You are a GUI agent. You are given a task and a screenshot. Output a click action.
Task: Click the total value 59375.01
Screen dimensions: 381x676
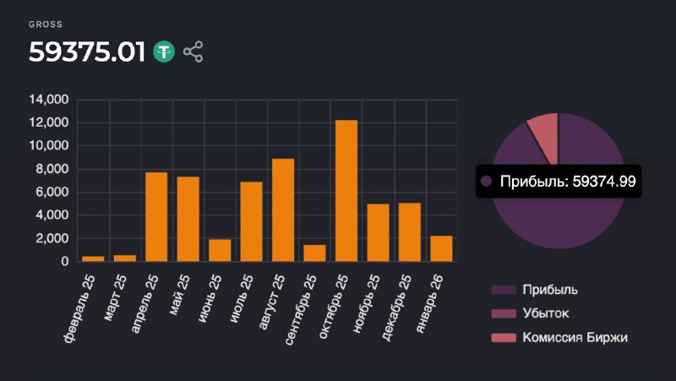88,52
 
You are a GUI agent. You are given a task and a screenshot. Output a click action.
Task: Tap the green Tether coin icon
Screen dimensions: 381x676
164,52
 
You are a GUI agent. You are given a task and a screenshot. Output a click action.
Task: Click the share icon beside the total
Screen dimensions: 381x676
194,52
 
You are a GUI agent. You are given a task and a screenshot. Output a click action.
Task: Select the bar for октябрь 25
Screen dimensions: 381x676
346,191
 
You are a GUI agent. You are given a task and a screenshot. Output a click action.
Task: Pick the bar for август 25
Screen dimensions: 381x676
283,210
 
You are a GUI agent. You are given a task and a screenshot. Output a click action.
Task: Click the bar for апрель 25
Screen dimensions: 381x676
156,217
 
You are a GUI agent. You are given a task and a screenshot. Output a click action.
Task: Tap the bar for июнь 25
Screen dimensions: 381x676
220,250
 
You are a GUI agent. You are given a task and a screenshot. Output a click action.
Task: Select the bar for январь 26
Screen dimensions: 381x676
441,248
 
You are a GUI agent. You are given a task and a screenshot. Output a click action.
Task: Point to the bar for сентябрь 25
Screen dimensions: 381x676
314,253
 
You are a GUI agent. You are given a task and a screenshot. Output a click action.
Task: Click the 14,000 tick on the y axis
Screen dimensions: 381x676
48,100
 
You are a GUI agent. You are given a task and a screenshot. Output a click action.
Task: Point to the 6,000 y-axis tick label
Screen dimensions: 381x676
52,192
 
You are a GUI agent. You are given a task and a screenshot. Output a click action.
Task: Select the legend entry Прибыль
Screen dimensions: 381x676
548,290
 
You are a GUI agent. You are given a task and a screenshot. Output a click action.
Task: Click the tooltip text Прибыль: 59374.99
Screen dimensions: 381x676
567,181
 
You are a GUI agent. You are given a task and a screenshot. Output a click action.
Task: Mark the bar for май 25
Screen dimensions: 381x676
188,219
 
